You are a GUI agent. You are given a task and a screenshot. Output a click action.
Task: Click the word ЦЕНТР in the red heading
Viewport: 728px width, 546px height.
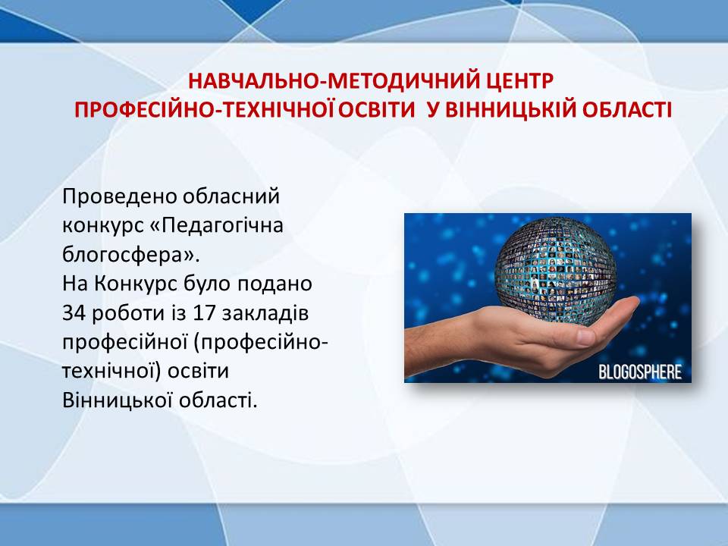coord(520,81)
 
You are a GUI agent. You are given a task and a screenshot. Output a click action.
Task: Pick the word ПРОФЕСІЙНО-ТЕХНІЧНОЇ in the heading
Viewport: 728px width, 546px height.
coord(206,109)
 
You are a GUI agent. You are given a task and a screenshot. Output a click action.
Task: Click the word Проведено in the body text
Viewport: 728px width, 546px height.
coord(119,197)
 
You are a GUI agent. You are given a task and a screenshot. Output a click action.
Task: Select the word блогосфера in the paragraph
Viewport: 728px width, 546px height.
coord(124,255)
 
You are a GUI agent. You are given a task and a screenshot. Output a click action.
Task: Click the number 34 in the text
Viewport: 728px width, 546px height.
coord(74,313)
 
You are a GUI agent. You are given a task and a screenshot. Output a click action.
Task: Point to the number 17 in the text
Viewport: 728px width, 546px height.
coord(204,313)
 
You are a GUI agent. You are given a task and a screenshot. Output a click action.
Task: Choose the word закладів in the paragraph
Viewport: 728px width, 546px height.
coord(265,313)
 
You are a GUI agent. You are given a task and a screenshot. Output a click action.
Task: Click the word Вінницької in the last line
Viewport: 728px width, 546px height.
coord(118,400)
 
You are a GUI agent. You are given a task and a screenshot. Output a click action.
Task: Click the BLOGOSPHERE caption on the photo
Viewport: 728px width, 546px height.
coord(640,372)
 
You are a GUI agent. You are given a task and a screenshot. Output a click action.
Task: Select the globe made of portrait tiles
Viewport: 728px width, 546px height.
coord(555,268)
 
